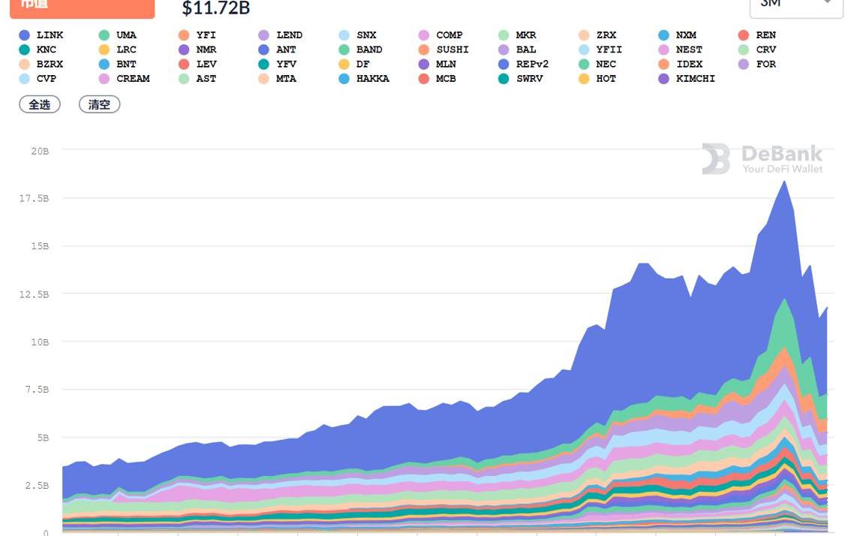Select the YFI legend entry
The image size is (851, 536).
206,35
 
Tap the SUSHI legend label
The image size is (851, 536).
452,50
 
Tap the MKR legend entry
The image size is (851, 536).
525,35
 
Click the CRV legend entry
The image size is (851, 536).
766,50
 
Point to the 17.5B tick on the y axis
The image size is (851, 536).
34,198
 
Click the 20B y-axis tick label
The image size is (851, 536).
40,151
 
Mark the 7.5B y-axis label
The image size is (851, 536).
36,390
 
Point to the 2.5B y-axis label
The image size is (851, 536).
36,486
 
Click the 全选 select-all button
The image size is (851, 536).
40,105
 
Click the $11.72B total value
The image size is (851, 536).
216,9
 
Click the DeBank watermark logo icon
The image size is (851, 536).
716,158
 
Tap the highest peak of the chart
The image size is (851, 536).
785,182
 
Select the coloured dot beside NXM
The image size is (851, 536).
664,35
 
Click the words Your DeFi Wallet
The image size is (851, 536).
782,169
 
